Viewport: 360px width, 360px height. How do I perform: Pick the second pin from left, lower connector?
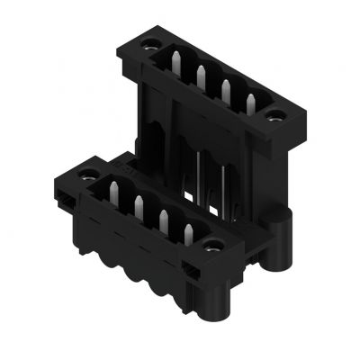139,204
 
